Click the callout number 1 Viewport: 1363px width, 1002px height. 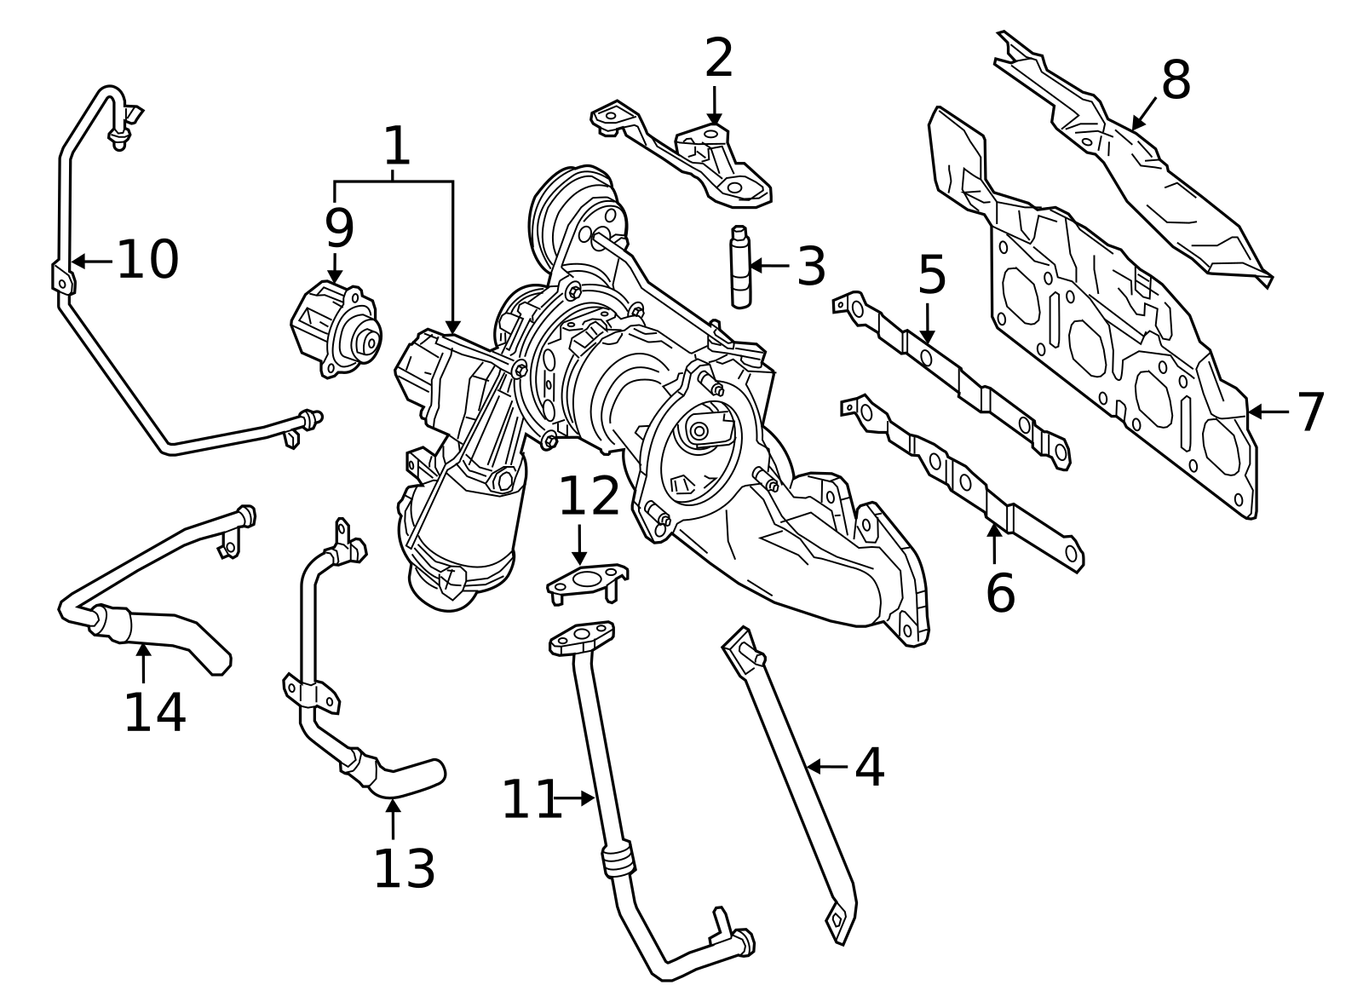coord(397,147)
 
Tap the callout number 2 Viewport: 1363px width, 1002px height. coord(719,59)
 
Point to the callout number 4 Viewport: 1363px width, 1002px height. coord(869,768)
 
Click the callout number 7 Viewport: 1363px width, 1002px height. coord(1311,412)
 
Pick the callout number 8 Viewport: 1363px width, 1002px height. coord(1176,82)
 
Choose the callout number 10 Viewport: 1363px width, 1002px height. coord(147,260)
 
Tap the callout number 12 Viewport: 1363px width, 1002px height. coord(588,497)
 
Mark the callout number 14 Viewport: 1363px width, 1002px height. coord(154,713)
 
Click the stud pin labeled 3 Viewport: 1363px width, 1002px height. coord(739,266)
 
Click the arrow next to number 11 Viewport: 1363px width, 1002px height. coord(574,798)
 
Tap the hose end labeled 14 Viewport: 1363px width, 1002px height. coord(170,635)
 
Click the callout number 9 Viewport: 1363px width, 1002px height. coord(338,229)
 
